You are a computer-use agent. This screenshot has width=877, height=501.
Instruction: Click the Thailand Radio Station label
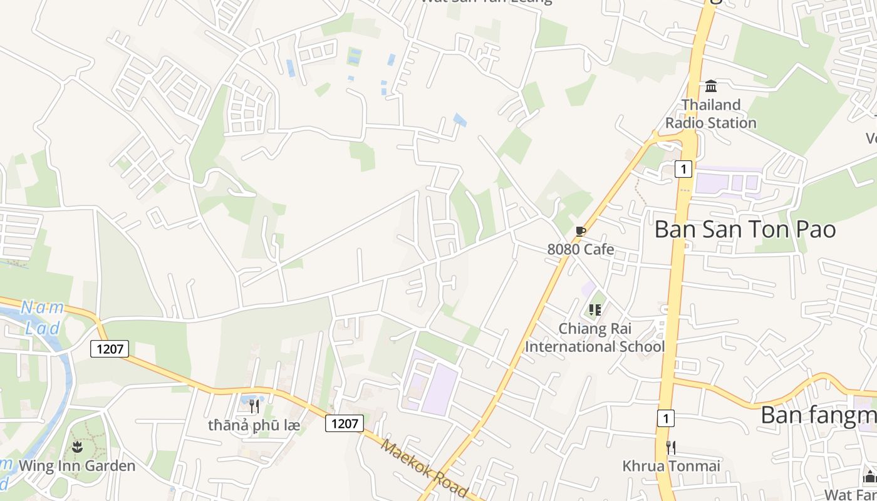(x=710, y=113)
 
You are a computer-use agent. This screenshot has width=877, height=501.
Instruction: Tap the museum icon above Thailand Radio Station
(x=711, y=86)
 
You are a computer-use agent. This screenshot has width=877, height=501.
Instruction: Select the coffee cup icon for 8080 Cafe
(x=581, y=232)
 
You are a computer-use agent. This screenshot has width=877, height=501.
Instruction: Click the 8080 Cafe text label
(x=581, y=249)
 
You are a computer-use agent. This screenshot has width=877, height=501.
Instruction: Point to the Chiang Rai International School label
(x=595, y=338)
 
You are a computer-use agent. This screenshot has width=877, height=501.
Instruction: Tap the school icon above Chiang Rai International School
(x=595, y=309)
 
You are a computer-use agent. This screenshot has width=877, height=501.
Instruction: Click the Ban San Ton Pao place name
(x=745, y=229)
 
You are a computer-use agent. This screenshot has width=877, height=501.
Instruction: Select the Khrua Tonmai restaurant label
(x=671, y=466)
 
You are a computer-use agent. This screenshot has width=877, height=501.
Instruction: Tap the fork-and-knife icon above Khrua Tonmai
(x=671, y=447)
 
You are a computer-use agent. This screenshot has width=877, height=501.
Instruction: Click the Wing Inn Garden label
(x=77, y=466)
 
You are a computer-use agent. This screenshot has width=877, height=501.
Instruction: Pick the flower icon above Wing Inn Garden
(x=77, y=447)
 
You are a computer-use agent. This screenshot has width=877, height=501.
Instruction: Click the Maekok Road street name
(x=423, y=468)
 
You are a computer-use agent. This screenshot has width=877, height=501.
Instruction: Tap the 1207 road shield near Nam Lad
(x=110, y=349)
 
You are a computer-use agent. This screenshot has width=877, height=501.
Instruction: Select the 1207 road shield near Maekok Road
(x=345, y=423)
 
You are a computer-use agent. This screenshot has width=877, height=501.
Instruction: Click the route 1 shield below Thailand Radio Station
(x=683, y=168)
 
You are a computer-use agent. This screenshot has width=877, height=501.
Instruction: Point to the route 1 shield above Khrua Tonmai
(x=665, y=418)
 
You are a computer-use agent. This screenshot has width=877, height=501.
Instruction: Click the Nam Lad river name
(x=43, y=318)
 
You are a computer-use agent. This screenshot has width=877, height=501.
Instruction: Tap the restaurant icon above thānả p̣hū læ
(x=254, y=406)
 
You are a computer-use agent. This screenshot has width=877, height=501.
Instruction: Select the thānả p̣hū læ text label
(x=254, y=425)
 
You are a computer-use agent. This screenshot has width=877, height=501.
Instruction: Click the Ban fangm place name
(x=818, y=415)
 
